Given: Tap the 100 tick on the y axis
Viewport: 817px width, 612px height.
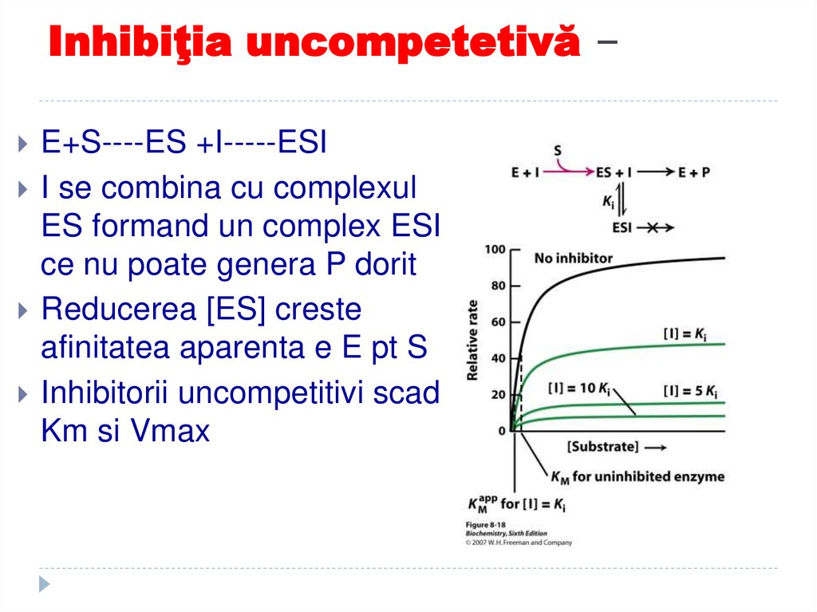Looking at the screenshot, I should click(x=496, y=251).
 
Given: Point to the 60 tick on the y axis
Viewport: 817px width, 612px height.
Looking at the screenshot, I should click(x=499, y=322).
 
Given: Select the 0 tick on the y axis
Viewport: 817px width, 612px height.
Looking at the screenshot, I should click(x=503, y=431).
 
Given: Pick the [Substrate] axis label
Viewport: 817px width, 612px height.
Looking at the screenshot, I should click(x=603, y=446).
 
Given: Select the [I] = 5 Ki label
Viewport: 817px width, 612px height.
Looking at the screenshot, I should click(x=690, y=392).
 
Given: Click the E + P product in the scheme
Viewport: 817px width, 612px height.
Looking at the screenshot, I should click(x=694, y=172).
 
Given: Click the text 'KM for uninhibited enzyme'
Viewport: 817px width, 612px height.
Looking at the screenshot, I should click(x=637, y=477).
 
